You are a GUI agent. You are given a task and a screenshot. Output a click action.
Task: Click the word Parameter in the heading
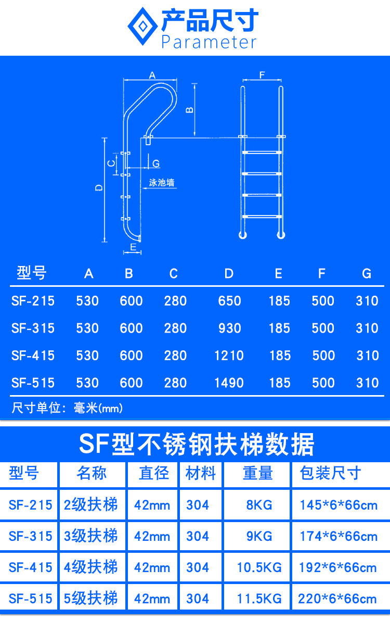[209, 42]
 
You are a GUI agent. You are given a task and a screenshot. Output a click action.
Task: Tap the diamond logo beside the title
[142, 27]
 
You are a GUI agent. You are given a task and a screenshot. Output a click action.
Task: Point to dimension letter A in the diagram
[152, 75]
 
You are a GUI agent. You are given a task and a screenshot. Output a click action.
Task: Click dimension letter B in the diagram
[190, 109]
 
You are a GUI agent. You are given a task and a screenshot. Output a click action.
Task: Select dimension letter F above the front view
[262, 75]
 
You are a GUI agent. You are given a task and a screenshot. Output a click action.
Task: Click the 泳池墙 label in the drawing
[161, 183]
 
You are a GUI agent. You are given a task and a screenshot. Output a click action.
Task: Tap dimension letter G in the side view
[156, 163]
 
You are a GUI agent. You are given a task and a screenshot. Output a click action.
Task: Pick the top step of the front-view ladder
[262, 153]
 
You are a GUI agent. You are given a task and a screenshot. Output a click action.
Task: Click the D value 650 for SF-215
[229, 301]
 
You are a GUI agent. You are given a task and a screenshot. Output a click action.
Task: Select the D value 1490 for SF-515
[229, 383]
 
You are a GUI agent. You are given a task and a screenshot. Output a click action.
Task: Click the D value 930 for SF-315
[229, 328]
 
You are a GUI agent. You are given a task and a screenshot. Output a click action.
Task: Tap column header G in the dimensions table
[367, 273]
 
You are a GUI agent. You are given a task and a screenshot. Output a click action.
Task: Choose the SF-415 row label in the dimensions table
[33, 356]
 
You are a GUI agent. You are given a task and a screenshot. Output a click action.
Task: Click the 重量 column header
[257, 474]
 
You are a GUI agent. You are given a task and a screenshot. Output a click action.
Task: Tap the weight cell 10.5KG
[259, 567]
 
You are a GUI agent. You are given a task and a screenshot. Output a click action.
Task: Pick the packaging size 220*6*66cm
[337, 599]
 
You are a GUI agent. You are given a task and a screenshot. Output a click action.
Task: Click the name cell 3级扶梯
[91, 536]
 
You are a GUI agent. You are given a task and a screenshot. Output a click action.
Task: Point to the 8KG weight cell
[259, 505]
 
